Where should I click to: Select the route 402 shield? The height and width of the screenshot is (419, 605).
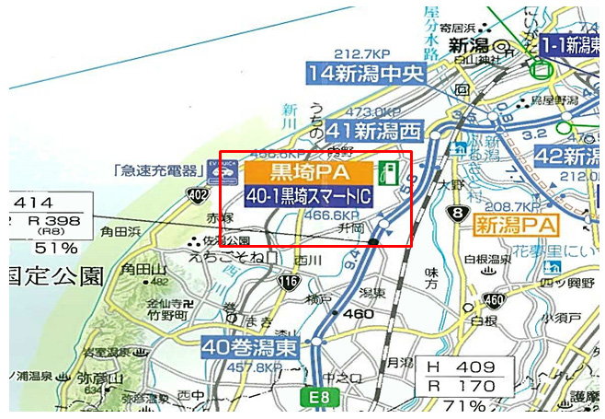[197, 195]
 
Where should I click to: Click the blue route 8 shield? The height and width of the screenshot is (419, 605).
[452, 215]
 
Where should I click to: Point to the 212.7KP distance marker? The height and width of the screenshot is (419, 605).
[361, 53]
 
